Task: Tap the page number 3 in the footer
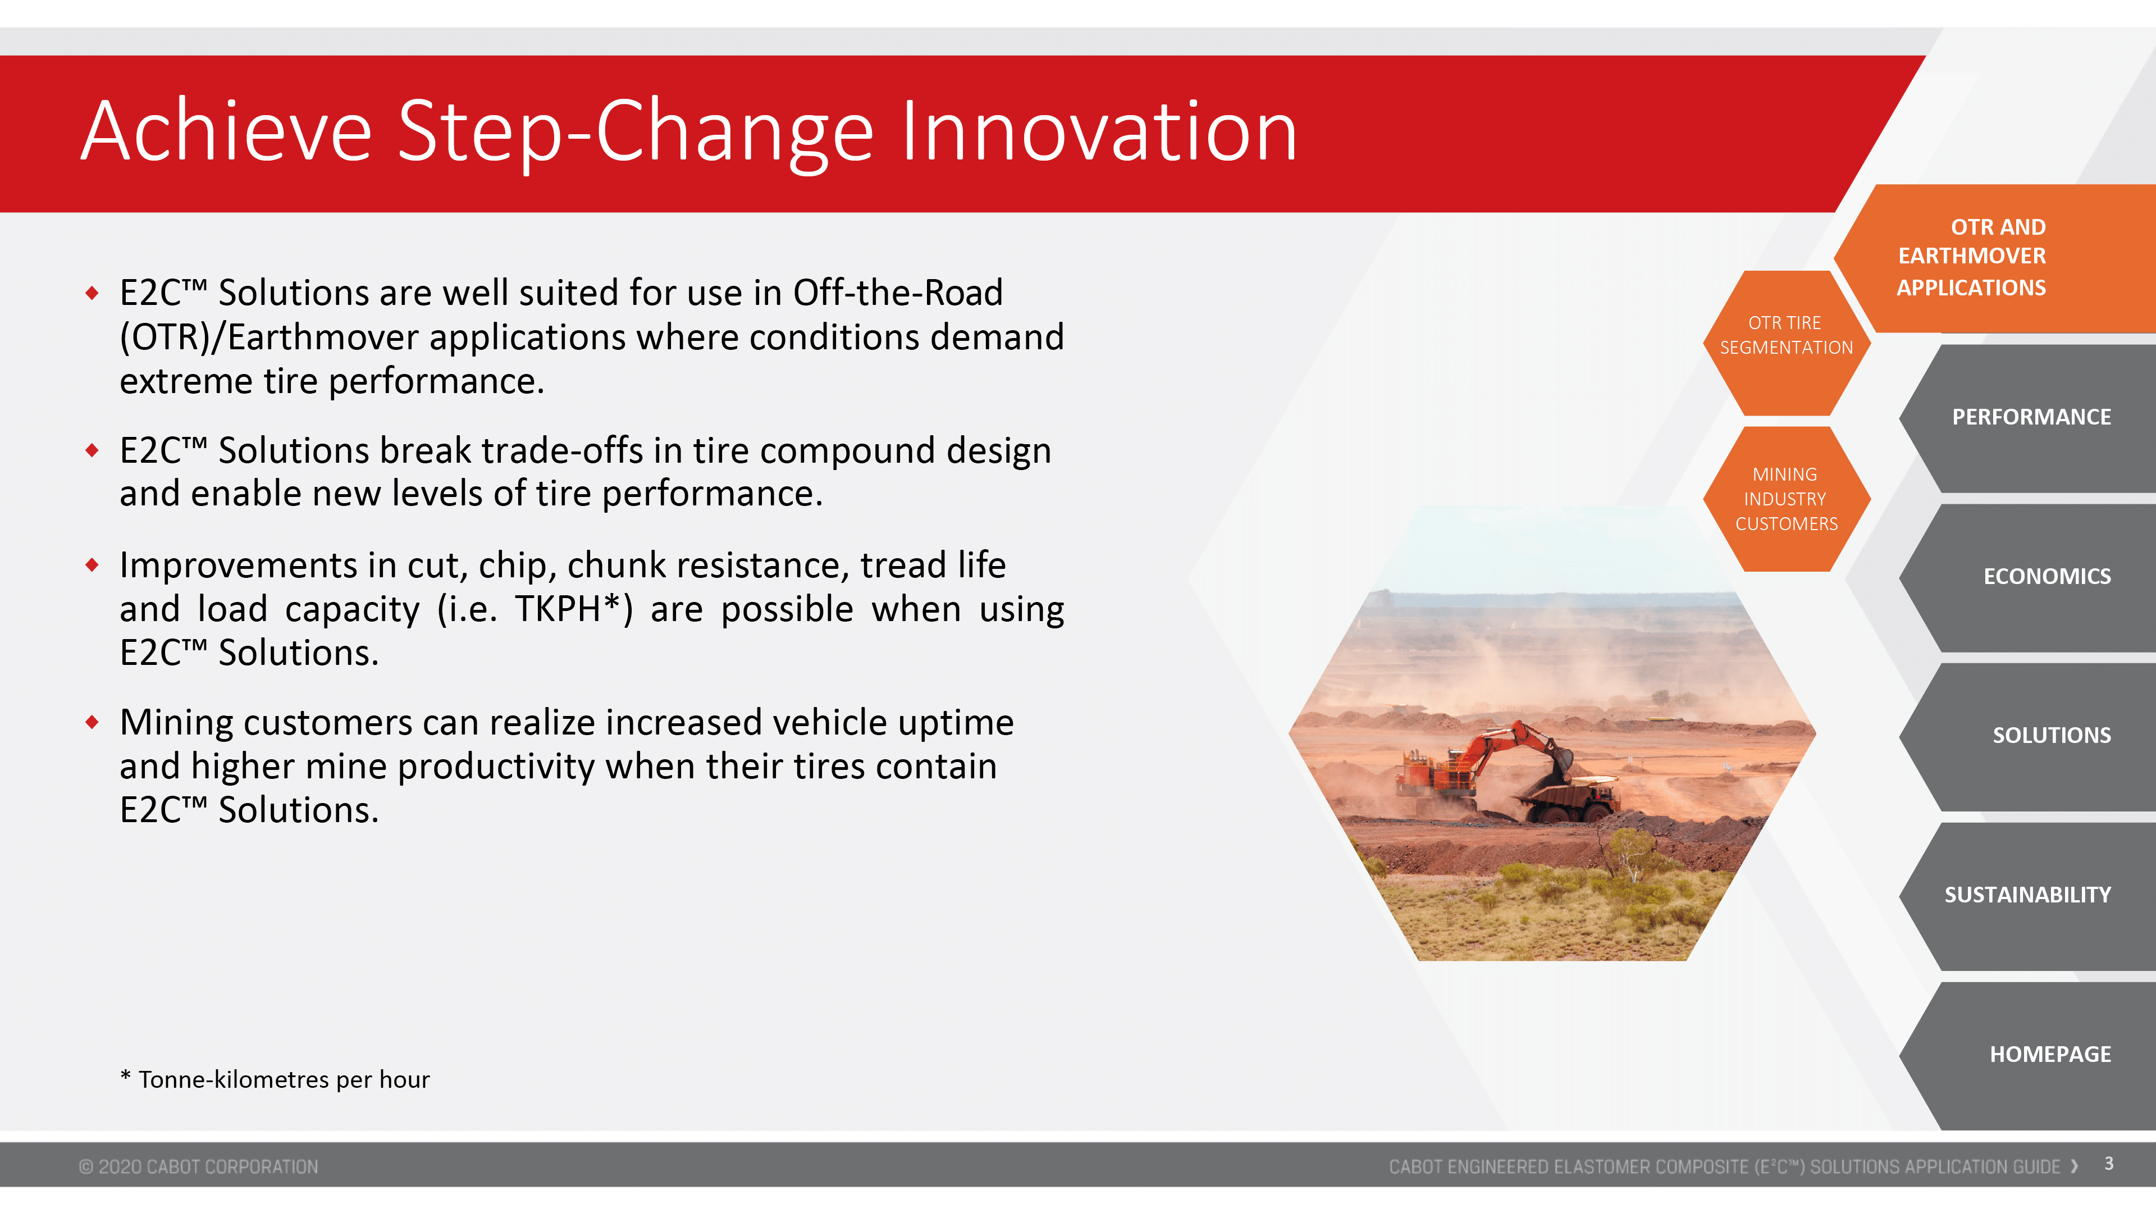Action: [2109, 1164]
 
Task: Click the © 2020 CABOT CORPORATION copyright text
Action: [198, 1166]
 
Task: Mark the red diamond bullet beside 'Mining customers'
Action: [92, 722]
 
